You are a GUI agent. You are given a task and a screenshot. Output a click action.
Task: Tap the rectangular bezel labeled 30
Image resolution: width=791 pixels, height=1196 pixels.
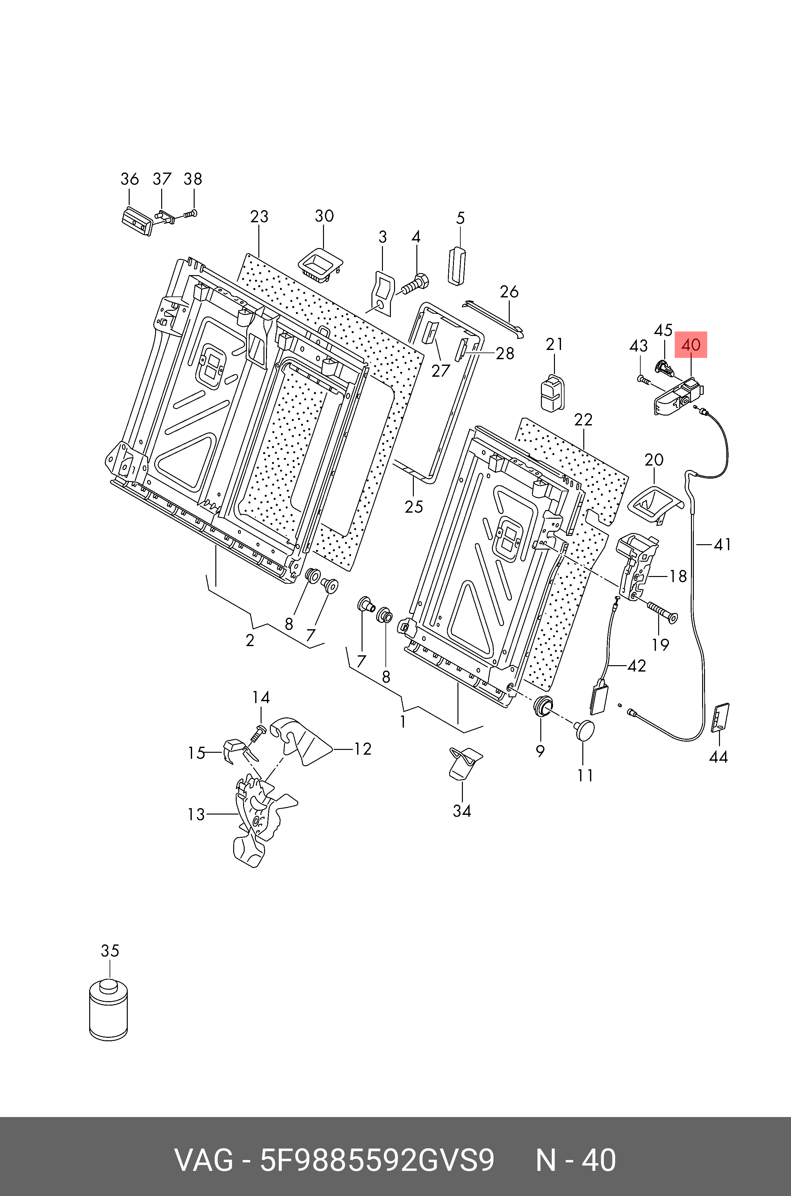point(320,264)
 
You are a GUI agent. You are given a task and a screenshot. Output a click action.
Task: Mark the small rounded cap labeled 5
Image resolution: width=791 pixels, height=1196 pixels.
point(457,266)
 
